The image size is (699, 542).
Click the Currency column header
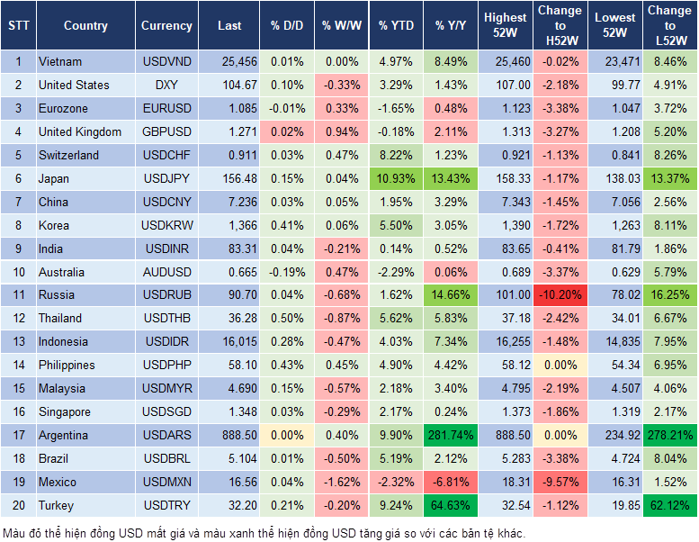point(166,26)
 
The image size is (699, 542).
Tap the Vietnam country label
point(60,61)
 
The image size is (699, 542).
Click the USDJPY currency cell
point(166,178)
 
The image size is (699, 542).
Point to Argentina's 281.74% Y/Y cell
point(452,436)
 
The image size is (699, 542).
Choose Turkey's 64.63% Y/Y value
point(452,506)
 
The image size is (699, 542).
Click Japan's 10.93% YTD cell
point(397,178)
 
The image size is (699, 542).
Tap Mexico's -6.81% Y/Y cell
point(452,483)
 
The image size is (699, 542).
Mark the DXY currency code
point(166,85)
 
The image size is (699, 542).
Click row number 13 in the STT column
point(17,342)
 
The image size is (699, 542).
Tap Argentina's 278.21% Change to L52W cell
point(669,436)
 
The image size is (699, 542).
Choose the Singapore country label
point(65,412)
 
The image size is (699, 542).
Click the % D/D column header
point(287,26)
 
